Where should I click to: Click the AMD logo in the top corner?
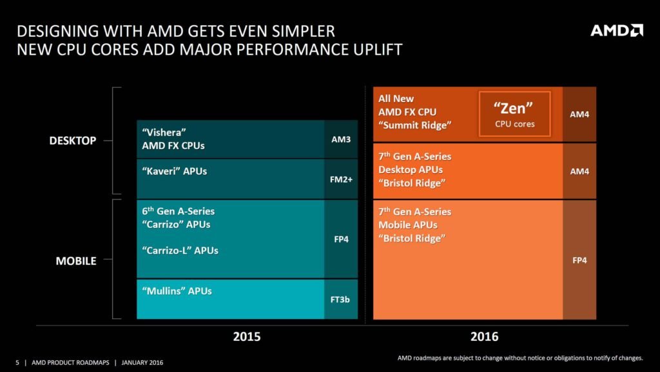pos(617,30)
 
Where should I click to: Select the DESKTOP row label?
pos(73,140)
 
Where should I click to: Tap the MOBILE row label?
pos(76,261)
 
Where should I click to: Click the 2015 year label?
pos(247,336)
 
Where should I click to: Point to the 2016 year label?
pos(484,336)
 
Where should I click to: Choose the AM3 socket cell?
pos(341,138)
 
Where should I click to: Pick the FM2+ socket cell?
pos(341,179)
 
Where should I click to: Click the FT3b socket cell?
pos(341,300)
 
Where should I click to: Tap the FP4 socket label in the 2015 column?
pos(341,238)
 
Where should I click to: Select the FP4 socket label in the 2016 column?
pos(579,260)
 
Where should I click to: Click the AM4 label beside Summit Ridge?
pos(579,114)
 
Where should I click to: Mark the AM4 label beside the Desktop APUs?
pos(579,171)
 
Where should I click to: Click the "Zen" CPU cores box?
pos(514,114)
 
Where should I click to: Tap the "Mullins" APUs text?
pos(177,291)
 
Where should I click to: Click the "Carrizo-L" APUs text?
pos(180,250)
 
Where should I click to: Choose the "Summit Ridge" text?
pos(414,125)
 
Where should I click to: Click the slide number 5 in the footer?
pos(17,362)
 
